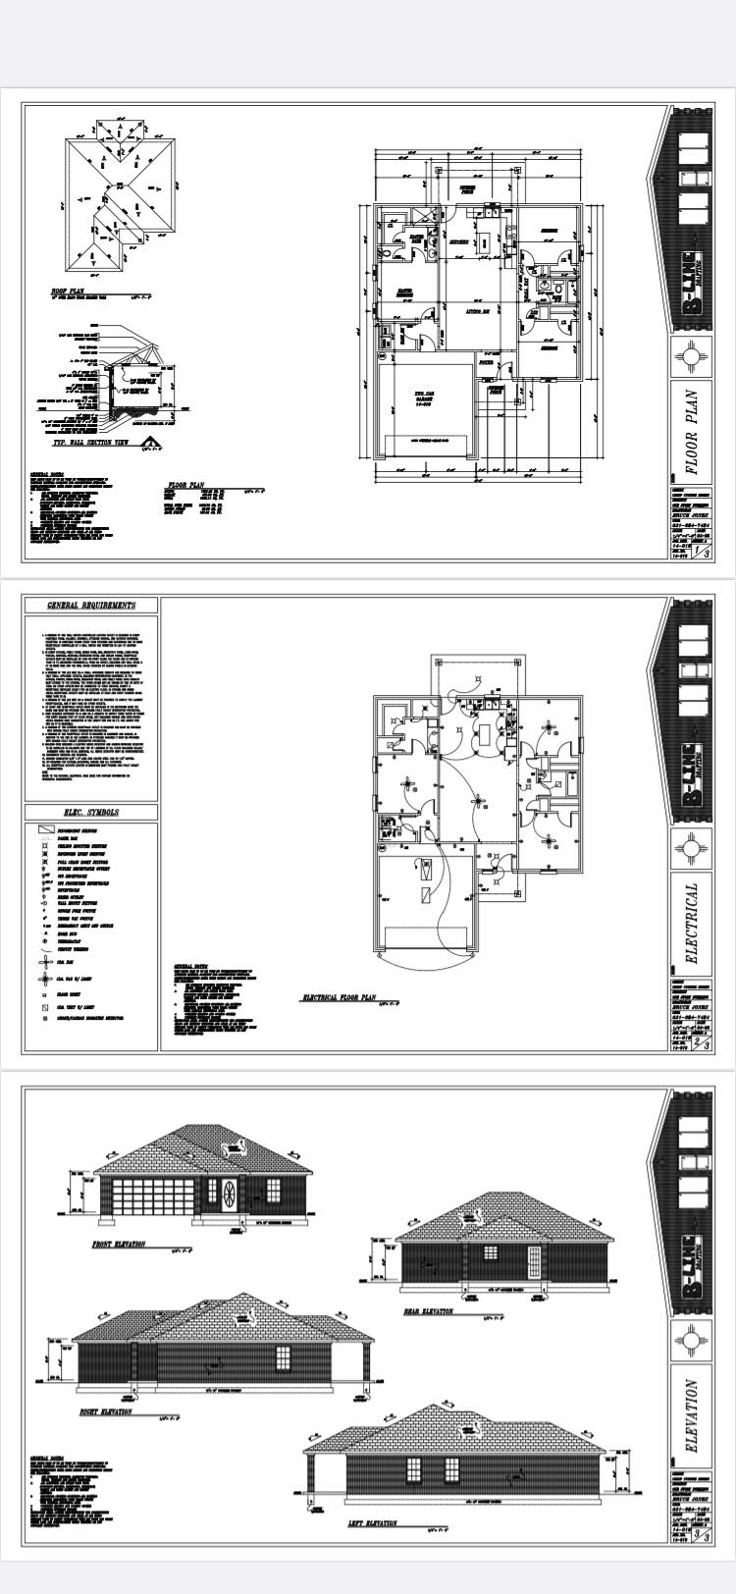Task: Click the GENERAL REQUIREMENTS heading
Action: (x=91, y=606)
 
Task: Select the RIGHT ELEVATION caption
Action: (x=105, y=1412)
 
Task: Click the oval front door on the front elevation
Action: (x=230, y=1195)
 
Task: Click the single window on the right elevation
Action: (x=283, y=1358)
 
